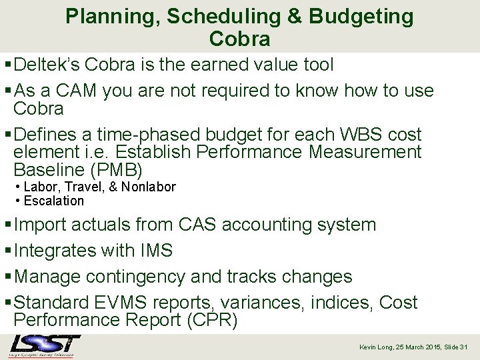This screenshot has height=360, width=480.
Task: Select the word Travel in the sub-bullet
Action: click(x=80, y=187)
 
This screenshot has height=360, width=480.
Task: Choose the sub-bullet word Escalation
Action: click(x=54, y=201)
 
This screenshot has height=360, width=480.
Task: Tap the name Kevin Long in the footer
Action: click(x=377, y=347)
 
